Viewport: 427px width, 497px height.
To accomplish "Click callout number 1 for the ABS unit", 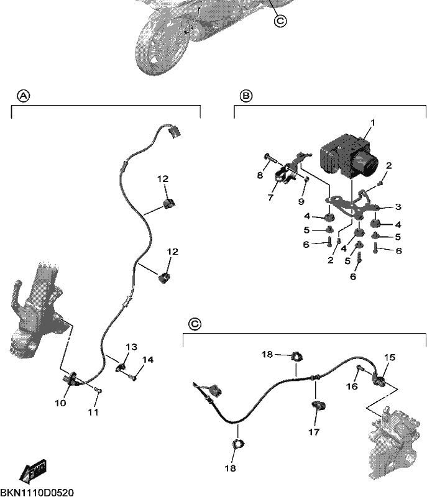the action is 373,122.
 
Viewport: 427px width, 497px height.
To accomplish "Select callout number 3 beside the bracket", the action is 398,207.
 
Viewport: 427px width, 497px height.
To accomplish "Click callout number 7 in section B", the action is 270,198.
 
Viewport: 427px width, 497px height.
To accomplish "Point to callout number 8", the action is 260,175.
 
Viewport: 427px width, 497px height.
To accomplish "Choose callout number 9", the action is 301,201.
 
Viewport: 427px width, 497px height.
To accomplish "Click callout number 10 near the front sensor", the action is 60,403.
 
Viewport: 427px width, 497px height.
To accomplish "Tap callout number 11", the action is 93,412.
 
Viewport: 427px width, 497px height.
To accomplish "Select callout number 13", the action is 132,347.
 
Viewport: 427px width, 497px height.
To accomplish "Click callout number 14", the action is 148,360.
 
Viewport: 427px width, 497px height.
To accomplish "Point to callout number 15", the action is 390,358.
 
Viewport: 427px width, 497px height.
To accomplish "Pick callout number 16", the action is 352,386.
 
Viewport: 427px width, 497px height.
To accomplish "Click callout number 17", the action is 314,432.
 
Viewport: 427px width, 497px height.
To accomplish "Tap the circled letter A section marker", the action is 24,96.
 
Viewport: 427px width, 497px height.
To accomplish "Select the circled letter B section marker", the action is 246,96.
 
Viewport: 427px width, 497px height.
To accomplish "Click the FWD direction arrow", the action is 33,470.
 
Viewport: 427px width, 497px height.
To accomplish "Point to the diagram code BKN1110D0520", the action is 37,493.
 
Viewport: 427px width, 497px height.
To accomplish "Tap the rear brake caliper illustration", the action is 395,442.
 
